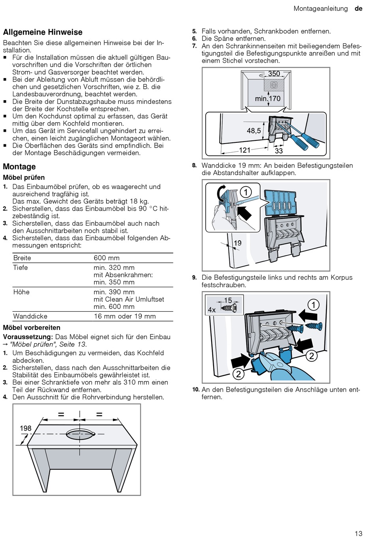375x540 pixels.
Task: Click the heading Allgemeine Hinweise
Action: [43, 32]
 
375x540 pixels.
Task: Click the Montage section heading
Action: [19, 166]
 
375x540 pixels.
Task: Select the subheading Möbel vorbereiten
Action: [32, 327]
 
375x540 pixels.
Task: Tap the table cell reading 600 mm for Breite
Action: [107, 258]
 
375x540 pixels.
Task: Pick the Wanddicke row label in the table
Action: [30, 316]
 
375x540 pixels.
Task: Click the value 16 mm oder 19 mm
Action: [125, 316]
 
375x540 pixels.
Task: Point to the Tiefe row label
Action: [21, 268]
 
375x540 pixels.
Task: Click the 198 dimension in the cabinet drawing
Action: [26, 428]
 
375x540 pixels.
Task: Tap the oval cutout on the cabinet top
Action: [81, 434]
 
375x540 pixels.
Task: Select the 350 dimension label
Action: [274, 74]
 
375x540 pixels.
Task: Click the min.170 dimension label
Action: [268, 99]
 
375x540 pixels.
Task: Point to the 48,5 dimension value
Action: [254, 131]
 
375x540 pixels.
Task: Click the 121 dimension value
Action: [245, 150]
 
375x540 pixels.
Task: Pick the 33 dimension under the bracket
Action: [279, 151]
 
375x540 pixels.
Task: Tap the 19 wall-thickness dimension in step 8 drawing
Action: [238, 243]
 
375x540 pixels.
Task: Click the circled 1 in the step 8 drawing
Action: [246, 192]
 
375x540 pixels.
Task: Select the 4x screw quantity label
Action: [212, 310]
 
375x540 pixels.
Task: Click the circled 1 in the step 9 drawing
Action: [313, 305]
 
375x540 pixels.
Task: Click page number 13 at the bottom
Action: [358, 534]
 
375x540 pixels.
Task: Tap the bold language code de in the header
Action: [358, 9]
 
